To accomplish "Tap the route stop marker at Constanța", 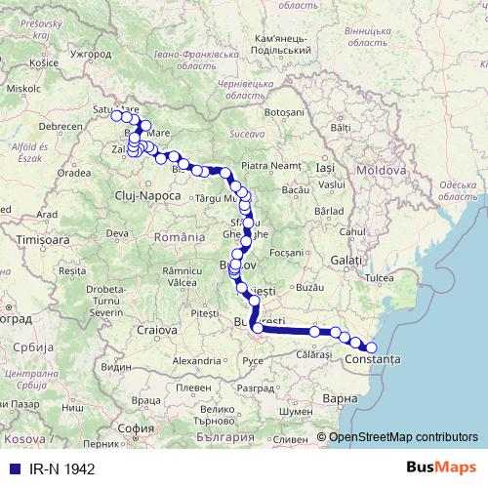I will [371, 347].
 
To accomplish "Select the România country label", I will [180, 237].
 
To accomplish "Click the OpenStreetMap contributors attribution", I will [402, 438].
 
